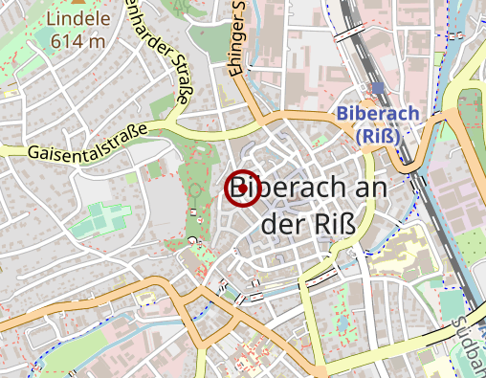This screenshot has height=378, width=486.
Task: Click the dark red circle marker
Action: [x=241, y=189]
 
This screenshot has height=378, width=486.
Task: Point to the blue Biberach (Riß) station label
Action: [x=378, y=124]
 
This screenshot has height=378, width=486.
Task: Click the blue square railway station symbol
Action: [x=379, y=88]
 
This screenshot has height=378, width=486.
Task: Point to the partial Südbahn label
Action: [x=474, y=340]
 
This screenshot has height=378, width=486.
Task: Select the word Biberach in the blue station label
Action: [x=378, y=114]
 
